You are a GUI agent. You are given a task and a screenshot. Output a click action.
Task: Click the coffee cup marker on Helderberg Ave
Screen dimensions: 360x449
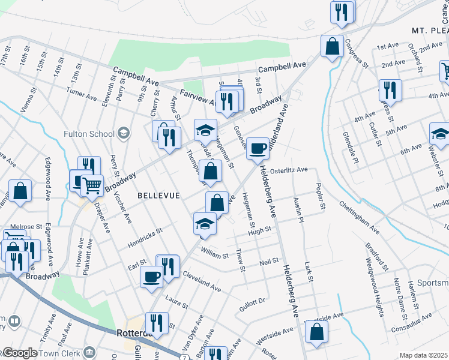coord(258,148)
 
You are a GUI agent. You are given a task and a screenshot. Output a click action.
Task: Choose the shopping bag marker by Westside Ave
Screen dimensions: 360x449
coord(316,331)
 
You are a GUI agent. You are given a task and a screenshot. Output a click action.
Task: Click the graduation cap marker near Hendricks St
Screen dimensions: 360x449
coord(205,223)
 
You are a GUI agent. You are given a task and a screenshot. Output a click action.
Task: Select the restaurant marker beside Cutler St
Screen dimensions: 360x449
coord(391,90)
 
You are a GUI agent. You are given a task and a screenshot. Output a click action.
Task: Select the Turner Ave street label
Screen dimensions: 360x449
coord(82,94)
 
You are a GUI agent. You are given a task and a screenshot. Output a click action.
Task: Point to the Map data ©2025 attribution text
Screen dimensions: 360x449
coord(423,355)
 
